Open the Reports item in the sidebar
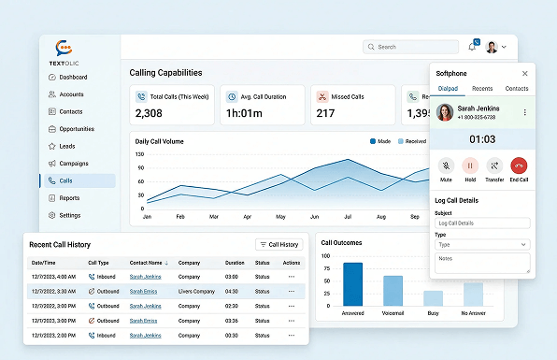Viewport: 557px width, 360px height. [x=69, y=198]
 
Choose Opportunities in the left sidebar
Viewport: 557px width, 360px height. [x=77, y=129]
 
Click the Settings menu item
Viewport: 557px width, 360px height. [x=69, y=215]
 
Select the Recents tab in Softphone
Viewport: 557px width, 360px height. [x=482, y=89]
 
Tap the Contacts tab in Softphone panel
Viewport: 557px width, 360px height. [x=516, y=89]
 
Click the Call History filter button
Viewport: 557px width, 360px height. [x=279, y=244]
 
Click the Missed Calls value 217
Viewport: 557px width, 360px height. [x=325, y=113]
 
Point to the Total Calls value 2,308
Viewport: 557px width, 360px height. [x=150, y=113]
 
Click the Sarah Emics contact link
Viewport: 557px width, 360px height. [x=143, y=291]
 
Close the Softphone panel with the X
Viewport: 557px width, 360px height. [x=524, y=73]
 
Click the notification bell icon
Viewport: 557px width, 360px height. [x=471, y=47]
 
